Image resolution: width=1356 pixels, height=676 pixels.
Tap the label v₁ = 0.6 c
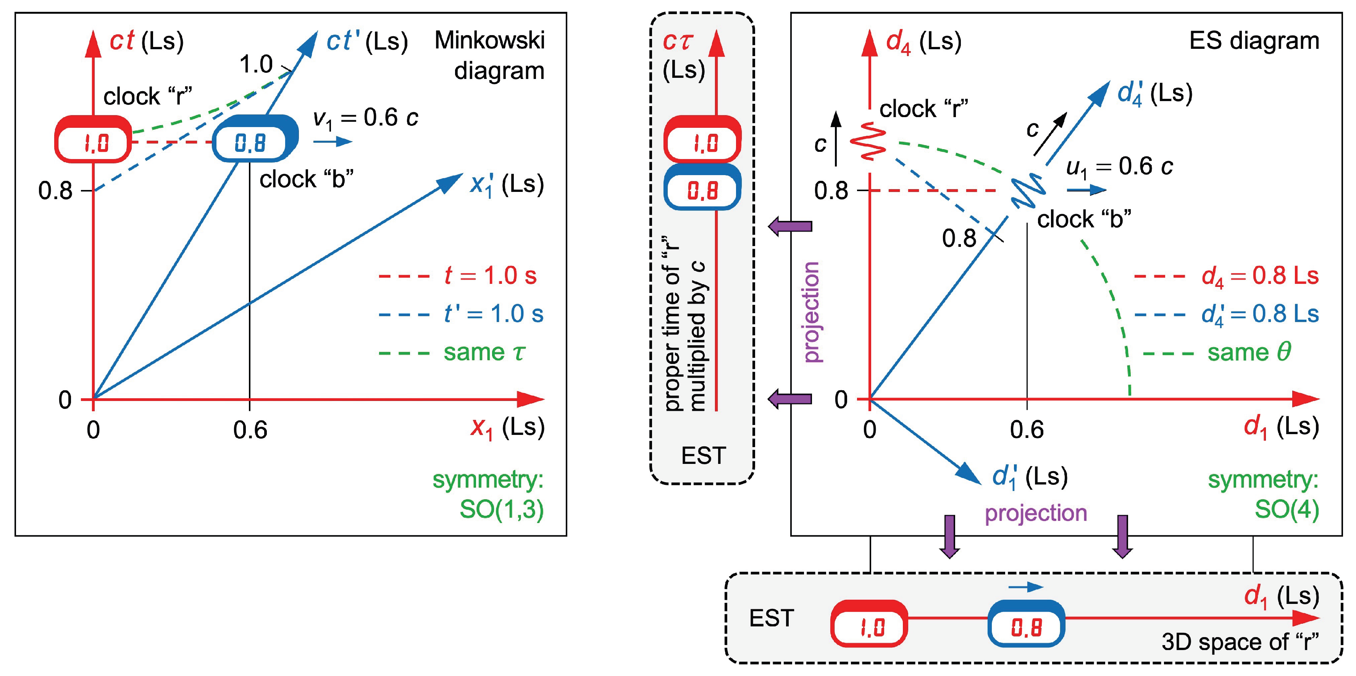point(365,118)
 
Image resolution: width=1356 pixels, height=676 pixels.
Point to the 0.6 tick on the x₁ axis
point(250,430)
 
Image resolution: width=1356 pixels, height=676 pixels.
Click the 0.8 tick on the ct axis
point(55,190)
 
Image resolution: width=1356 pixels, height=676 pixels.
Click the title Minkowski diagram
point(489,55)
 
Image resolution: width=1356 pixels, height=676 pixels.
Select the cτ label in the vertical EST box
point(678,42)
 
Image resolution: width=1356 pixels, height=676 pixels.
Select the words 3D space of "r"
point(1240,642)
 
